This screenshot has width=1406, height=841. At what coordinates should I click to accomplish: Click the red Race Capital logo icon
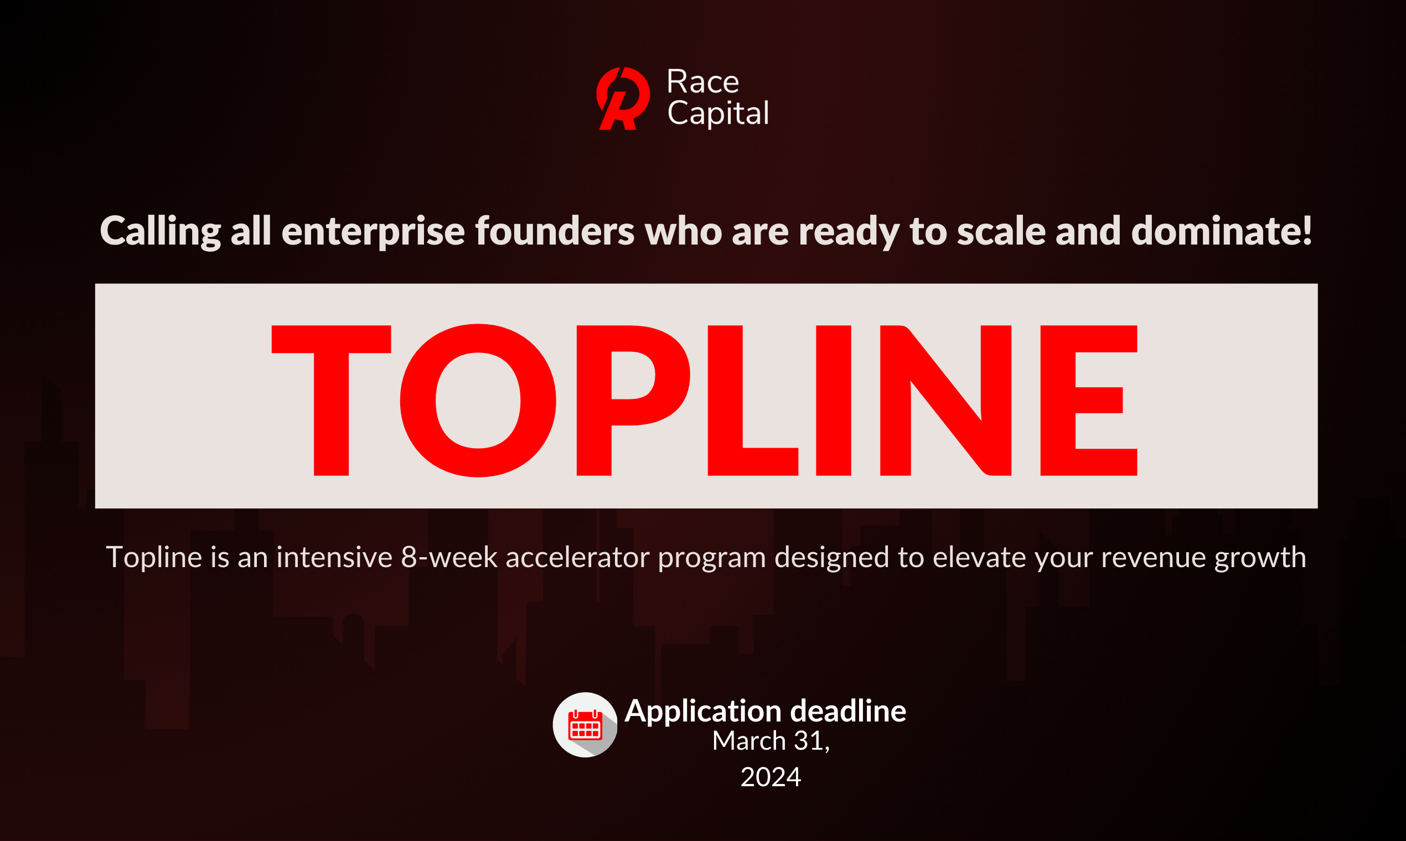pyautogui.click(x=623, y=98)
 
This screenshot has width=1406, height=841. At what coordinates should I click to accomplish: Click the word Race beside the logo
pyautogui.click(x=702, y=82)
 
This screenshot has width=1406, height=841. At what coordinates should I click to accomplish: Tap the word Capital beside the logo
pyautogui.click(x=718, y=113)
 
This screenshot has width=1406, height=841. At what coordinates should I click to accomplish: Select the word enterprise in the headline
pyautogui.click(x=373, y=232)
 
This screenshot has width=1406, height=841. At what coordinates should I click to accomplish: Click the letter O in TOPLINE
pyautogui.click(x=478, y=400)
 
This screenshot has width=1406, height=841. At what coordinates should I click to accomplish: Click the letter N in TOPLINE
pyautogui.click(x=945, y=400)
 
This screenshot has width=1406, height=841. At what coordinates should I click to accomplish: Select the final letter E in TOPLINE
pyautogui.click(x=1088, y=400)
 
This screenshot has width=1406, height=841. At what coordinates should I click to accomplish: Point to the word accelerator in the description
pyautogui.click(x=577, y=557)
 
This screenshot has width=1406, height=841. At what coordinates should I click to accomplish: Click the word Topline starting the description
pyautogui.click(x=154, y=557)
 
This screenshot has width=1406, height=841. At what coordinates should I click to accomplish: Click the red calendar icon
pyautogui.click(x=585, y=725)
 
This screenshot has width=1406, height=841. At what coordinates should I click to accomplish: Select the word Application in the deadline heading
pyautogui.click(x=702, y=711)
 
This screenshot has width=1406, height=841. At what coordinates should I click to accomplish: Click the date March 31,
pyautogui.click(x=771, y=741)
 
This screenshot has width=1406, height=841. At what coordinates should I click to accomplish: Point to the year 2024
pyautogui.click(x=771, y=777)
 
